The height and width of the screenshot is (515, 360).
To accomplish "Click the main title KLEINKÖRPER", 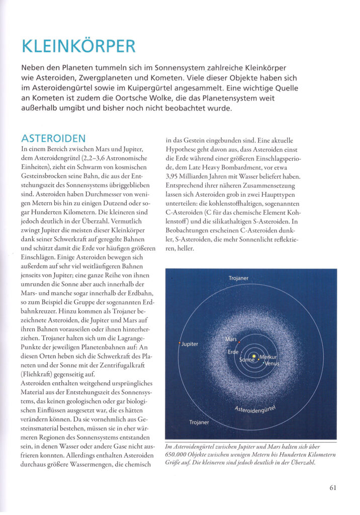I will (x=79, y=46).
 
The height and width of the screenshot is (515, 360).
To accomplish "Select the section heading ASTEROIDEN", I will (x=53, y=138).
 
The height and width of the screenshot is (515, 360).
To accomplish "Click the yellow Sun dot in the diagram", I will (x=254, y=357).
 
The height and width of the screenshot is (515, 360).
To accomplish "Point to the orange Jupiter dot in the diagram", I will (x=180, y=343).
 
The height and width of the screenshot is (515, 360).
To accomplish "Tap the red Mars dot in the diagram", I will (x=239, y=342).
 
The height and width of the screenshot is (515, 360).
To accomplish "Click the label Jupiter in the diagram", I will (x=190, y=344).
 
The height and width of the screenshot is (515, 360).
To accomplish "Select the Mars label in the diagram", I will (x=231, y=339).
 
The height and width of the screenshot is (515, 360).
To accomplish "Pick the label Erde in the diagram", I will (x=233, y=352).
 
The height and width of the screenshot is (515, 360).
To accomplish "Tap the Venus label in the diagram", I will (x=273, y=363).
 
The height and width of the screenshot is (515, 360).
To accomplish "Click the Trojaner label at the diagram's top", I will (x=238, y=278).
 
